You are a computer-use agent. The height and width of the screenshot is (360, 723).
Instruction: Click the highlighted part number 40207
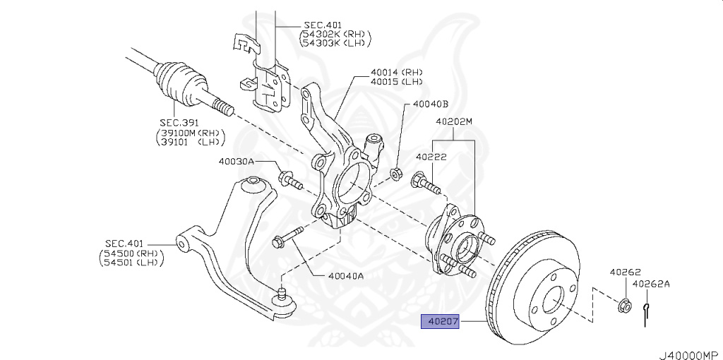point(441,323)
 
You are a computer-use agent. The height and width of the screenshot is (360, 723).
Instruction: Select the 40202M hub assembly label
point(453,121)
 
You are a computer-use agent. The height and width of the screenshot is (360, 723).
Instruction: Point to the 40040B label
point(431,104)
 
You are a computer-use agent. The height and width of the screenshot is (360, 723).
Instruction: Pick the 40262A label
point(651,284)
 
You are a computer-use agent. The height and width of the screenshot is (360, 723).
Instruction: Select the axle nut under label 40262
point(623,306)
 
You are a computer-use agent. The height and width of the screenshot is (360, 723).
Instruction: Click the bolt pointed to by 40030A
point(289,179)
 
